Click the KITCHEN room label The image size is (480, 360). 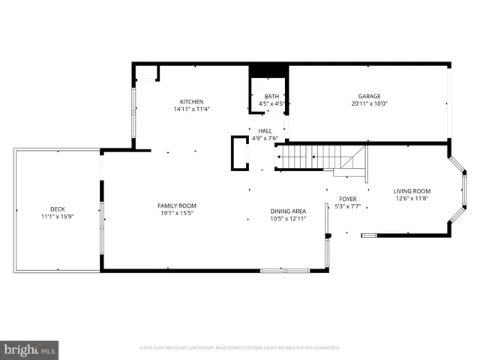(x=191, y=102)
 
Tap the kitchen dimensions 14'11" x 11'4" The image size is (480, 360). (x=191, y=109)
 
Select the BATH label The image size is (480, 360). (x=271, y=96)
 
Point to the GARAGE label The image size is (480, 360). (x=369, y=96)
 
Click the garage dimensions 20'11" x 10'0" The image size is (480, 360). (x=369, y=103)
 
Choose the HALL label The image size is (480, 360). (x=265, y=130)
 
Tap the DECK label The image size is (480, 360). (x=57, y=209)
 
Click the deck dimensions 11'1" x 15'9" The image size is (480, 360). (x=57, y=217)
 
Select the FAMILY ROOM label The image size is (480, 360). (x=176, y=205)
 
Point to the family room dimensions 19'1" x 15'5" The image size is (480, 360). (x=176, y=213)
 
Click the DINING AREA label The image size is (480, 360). (x=288, y=211)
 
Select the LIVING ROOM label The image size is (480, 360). (x=412, y=191)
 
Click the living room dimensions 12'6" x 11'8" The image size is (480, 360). (x=412, y=199)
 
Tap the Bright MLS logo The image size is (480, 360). (x=30, y=349)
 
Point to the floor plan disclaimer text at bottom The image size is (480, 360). (x=240, y=348)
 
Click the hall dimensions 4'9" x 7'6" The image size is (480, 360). (x=265, y=138)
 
